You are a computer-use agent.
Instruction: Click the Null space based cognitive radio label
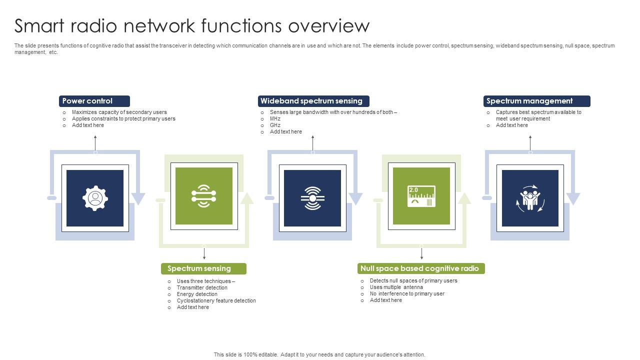tap(421, 268)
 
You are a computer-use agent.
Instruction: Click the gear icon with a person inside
tap(95, 198)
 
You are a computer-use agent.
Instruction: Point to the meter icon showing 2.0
tap(421, 196)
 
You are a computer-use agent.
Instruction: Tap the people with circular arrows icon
tap(530, 198)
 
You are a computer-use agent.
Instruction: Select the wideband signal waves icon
tap(312, 198)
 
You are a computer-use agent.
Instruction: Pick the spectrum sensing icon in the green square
tap(203, 196)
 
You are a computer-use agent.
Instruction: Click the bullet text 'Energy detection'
tap(197, 294)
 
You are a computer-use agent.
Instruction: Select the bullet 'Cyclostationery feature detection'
tap(216, 300)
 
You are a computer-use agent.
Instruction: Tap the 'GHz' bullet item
tap(275, 125)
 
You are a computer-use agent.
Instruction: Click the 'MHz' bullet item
tap(275, 118)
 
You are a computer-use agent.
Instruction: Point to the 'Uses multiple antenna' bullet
tap(396, 287)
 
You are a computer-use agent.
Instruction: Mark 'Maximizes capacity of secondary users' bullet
tap(119, 112)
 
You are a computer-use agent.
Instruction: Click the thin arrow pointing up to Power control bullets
tap(95, 142)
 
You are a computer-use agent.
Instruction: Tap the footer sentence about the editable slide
tap(319, 354)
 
